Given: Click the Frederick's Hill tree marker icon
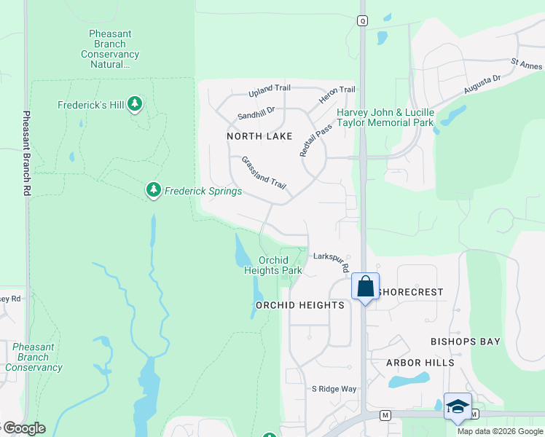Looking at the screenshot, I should [x=134, y=105].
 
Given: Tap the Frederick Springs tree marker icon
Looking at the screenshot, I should [x=153, y=190].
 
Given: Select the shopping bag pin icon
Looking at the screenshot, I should [x=365, y=286].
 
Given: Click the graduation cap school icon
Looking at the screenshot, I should [x=458, y=406].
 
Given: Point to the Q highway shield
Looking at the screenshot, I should [x=362, y=21].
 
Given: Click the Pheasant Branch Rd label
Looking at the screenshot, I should [x=26, y=153].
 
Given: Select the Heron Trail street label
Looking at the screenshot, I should [x=337, y=90].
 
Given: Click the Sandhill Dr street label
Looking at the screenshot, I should [x=256, y=113].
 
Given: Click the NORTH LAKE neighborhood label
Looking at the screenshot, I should [x=259, y=136].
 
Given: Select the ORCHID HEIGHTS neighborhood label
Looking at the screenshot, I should [x=299, y=305].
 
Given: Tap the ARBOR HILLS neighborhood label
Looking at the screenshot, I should [x=421, y=363].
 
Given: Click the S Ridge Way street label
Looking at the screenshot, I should [x=334, y=389].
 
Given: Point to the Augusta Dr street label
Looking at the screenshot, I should [x=482, y=85].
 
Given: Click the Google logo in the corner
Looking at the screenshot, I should [x=23, y=428].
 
